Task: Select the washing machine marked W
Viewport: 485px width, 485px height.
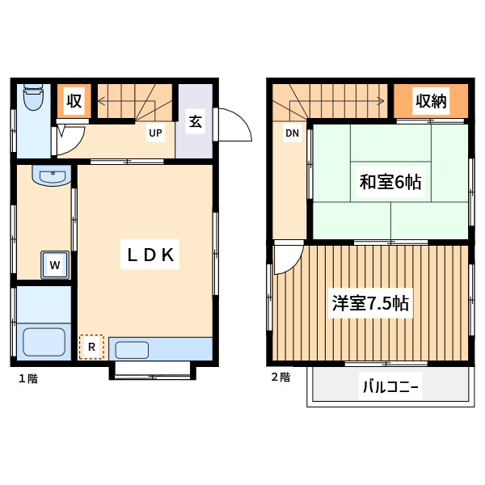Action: [55, 264]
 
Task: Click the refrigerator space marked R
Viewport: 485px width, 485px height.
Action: [91, 347]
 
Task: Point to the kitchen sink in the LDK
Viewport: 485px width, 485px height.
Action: [132, 350]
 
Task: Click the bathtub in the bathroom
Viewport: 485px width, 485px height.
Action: [44, 341]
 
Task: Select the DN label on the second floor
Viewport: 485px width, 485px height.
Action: [292, 133]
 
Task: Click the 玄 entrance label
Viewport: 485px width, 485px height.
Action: [196, 121]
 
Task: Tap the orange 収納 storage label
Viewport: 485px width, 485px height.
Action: [431, 101]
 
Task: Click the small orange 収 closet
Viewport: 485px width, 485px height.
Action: [74, 101]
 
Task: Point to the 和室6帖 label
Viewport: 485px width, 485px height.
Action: [390, 182]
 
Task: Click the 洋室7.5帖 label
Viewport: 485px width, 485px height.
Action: [370, 305]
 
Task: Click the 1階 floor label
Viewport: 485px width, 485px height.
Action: [27, 377]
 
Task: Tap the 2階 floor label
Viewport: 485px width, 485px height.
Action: [280, 377]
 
